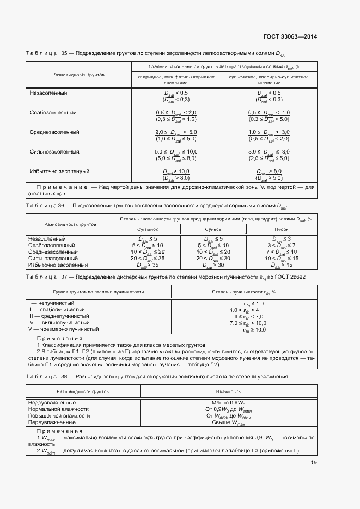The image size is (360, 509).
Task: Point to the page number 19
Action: [x=314, y=463]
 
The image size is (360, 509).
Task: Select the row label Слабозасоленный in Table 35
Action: [x=53, y=113]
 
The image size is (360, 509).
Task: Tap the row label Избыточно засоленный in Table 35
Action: [x=59, y=171]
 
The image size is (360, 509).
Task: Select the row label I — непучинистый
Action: [x=51, y=303]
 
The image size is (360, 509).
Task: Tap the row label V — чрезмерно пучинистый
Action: [x=63, y=329]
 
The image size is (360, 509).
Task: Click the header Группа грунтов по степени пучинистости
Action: [x=98, y=292]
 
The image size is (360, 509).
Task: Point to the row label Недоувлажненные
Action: [x=52, y=402]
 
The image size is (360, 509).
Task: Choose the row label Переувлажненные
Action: [x=52, y=422]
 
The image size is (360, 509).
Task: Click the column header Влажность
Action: [x=224, y=391]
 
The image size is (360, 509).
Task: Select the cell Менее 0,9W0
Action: [x=224, y=402]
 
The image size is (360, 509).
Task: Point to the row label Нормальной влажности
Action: [x=58, y=409]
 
